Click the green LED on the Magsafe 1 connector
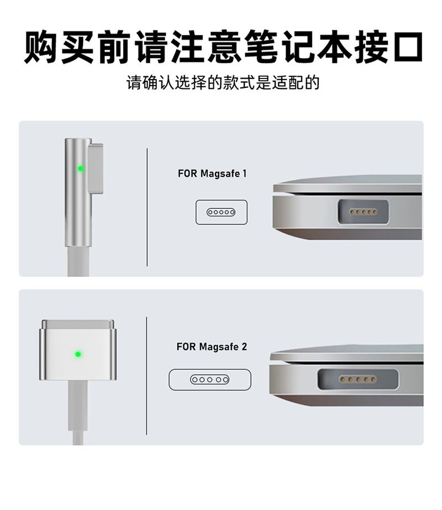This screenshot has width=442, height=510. pos(81,169)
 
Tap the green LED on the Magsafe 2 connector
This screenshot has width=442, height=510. pos(78,354)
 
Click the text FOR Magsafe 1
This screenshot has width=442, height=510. pos(212,173)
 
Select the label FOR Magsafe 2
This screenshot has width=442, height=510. pos(212,346)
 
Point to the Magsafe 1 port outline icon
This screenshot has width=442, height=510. pos(221,212)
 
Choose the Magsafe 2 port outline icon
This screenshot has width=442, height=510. pos(210,379)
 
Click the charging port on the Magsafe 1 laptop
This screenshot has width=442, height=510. pos(364,212)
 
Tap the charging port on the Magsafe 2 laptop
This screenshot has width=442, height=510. pos(358,379)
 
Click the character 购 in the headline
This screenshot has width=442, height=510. pos(41,46)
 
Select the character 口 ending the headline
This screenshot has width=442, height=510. pos(405,46)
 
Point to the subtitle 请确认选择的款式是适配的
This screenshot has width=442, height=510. pos(223,83)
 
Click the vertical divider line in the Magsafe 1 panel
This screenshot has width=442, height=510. pos(147,207)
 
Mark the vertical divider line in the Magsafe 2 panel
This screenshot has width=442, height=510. pos(146,376)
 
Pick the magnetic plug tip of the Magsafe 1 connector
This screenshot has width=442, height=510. pos(96,169)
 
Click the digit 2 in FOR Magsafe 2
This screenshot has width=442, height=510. pos(244,346)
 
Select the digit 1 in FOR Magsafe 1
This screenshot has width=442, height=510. pos(245,173)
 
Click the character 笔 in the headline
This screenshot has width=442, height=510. pos(260,46)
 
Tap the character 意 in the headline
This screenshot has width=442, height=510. pos(224,46)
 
